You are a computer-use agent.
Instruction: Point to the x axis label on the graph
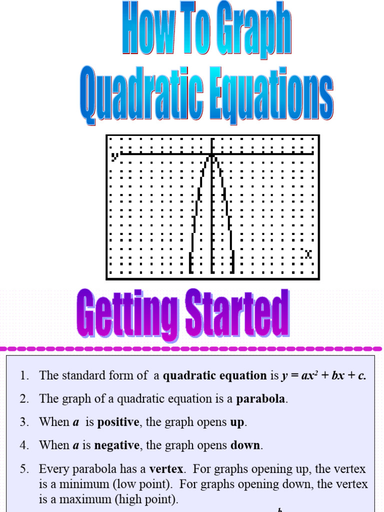[308, 254]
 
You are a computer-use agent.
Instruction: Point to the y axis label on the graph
[115, 156]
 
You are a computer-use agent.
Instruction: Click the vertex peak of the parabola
[212, 155]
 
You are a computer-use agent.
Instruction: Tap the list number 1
[23, 376]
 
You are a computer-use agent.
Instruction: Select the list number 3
[23, 422]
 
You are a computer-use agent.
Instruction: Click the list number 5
[23, 469]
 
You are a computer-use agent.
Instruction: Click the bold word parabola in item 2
[262, 399]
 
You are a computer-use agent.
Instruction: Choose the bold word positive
[118, 422]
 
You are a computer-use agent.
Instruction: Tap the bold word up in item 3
[237, 422]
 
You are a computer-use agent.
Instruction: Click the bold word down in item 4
[246, 445]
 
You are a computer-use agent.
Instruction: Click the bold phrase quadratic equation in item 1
[215, 376]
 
